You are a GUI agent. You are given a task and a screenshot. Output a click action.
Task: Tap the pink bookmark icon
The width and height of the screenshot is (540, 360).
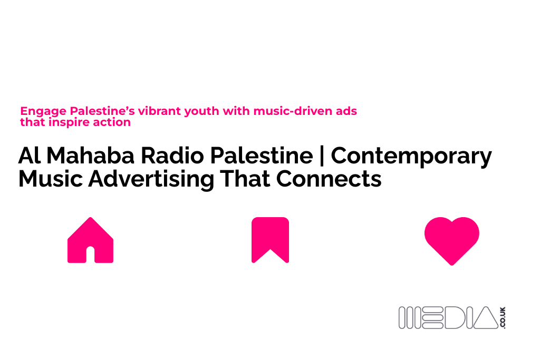coord(270,239)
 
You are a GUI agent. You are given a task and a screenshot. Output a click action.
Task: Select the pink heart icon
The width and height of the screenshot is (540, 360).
coord(451,240)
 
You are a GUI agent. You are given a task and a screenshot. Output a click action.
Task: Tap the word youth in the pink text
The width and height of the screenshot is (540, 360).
coord(202,111)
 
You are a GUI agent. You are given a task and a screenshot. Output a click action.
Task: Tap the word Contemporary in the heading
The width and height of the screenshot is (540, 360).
coord(411,157)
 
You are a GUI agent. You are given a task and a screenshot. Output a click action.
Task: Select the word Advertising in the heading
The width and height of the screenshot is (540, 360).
coord(151,179)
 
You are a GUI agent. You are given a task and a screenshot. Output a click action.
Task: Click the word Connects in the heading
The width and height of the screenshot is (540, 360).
coord(329,179)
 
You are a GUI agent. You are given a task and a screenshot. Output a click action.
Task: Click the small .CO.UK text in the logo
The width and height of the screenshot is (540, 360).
coord(502,318)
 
